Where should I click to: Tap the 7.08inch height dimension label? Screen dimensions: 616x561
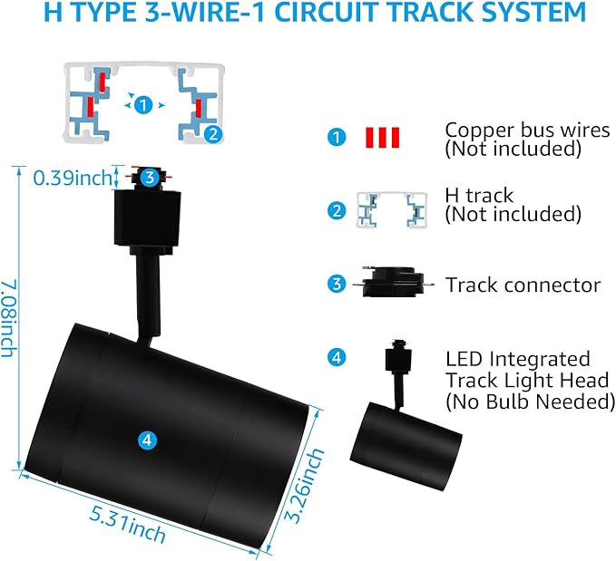pos(9,317)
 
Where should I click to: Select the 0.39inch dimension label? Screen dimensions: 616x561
pos(73,178)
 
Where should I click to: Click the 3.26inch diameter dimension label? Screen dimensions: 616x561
pos(304,485)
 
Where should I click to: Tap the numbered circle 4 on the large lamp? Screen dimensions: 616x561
pos(147,440)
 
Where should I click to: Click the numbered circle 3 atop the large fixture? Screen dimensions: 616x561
pos(150,178)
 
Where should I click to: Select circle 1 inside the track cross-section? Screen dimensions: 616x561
pos(143,105)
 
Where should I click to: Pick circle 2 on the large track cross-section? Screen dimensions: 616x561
pos(213,134)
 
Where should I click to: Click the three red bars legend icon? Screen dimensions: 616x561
pos(382,138)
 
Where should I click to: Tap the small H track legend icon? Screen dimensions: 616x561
pos(392,210)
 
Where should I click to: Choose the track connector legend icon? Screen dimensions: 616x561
pos(394,282)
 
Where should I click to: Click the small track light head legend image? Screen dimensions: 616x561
pos(406,415)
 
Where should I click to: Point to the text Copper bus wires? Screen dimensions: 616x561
pos(527,130)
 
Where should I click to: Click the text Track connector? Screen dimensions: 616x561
pos(523,285)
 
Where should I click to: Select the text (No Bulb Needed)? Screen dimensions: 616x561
pos(531,401)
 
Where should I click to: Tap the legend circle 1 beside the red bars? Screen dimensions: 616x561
pos(337,138)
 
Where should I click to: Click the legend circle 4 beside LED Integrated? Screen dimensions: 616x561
pos(337,357)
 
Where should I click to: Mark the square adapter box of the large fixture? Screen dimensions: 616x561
pos(147,218)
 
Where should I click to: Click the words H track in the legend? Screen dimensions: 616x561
pos(479,195)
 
